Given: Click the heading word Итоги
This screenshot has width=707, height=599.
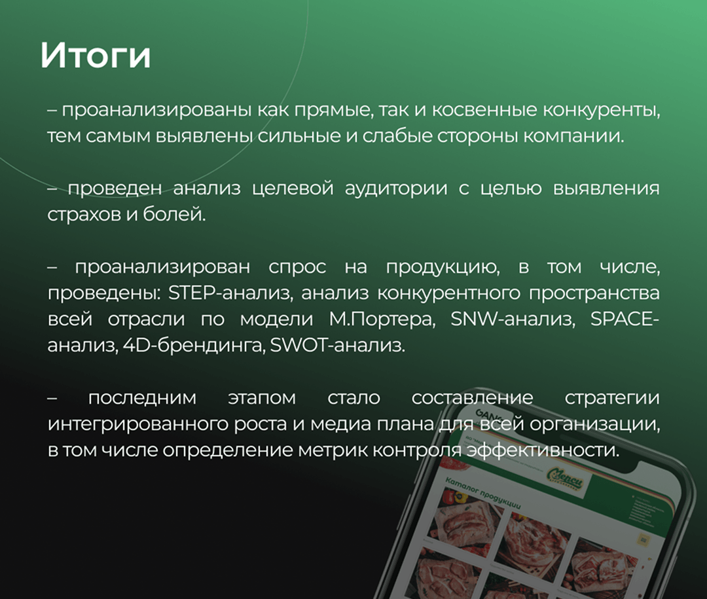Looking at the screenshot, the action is click(x=96, y=56).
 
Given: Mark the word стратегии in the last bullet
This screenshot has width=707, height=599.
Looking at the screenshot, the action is click(x=612, y=399).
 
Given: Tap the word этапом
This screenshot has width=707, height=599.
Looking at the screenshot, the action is click(x=262, y=399).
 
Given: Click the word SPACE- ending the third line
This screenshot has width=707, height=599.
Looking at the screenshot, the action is click(x=625, y=319).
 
